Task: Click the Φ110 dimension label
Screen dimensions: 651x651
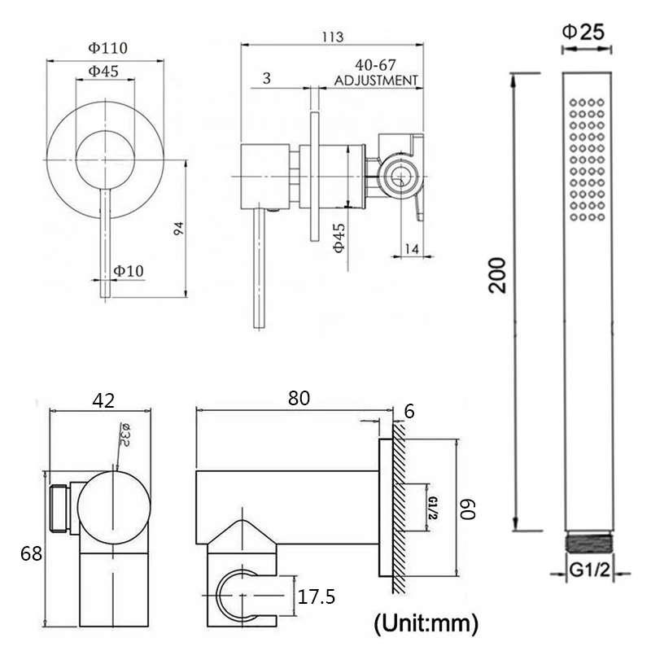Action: [x=107, y=48]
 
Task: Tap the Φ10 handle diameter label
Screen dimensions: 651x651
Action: [x=129, y=271]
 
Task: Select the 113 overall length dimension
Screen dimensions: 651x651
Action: [x=333, y=37]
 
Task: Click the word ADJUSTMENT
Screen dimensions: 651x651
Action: [x=376, y=80]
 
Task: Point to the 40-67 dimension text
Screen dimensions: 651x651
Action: [x=375, y=65]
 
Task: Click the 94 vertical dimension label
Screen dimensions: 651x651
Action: [x=178, y=229]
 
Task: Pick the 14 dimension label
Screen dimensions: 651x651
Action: [x=411, y=249]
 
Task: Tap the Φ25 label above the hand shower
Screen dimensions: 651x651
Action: [x=583, y=32]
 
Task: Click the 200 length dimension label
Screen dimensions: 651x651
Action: [x=497, y=275]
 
